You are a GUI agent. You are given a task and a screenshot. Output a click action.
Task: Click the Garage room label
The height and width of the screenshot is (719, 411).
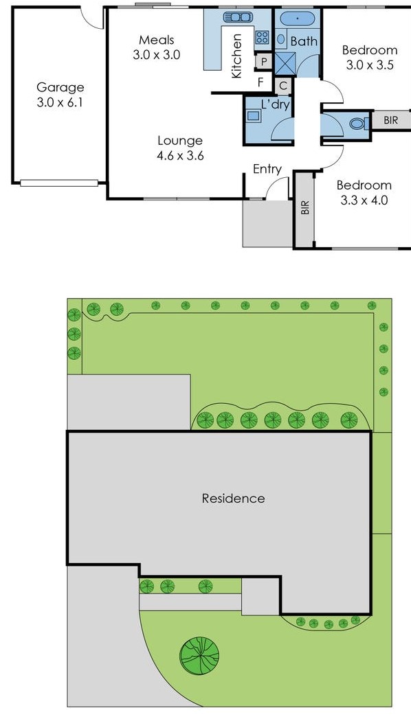click(60, 87)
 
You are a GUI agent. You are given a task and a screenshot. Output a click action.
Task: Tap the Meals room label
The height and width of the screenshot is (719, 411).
click(156, 40)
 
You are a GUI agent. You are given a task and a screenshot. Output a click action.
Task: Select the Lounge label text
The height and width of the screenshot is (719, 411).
click(180, 141)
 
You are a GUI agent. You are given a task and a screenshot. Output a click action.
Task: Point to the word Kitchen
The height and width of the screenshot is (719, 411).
click(237, 56)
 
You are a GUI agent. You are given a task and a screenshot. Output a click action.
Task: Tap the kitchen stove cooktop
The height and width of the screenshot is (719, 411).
click(262, 38)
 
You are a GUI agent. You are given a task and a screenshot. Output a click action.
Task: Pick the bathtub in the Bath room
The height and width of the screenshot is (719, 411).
click(297, 19)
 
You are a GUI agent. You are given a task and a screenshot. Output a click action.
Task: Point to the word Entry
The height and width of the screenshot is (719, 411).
click(267, 169)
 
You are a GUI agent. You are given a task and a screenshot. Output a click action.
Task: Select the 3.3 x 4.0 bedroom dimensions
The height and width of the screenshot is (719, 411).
click(364, 201)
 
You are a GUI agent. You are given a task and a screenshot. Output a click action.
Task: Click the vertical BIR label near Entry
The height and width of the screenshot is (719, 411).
click(304, 207)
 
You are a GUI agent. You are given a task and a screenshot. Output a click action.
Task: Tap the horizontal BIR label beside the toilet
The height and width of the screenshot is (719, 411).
click(390, 120)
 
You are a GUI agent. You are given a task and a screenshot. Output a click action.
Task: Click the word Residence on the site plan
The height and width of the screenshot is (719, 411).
click(233, 499)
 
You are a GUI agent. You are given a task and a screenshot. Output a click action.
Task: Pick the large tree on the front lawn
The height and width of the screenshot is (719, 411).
click(199, 654)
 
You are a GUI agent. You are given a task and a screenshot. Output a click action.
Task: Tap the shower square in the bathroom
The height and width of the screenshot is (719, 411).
click(285, 64)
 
